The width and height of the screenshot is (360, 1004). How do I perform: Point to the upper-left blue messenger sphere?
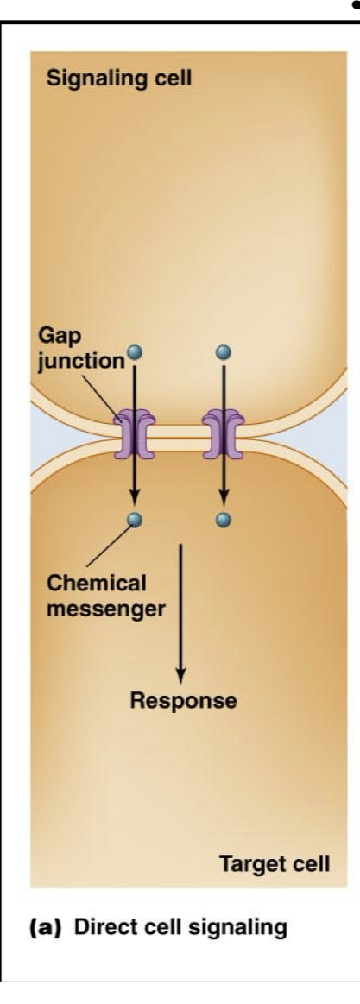[134, 352]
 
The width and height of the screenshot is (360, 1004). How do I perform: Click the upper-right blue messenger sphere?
[224, 352]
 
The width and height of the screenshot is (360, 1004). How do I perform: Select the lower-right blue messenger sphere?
[224, 520]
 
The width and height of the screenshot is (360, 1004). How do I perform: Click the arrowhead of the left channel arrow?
[134, 498]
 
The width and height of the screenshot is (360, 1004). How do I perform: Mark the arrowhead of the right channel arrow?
[224, 498]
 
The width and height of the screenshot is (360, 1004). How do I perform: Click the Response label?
[182, 700]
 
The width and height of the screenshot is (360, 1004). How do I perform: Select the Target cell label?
[273, 862]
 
